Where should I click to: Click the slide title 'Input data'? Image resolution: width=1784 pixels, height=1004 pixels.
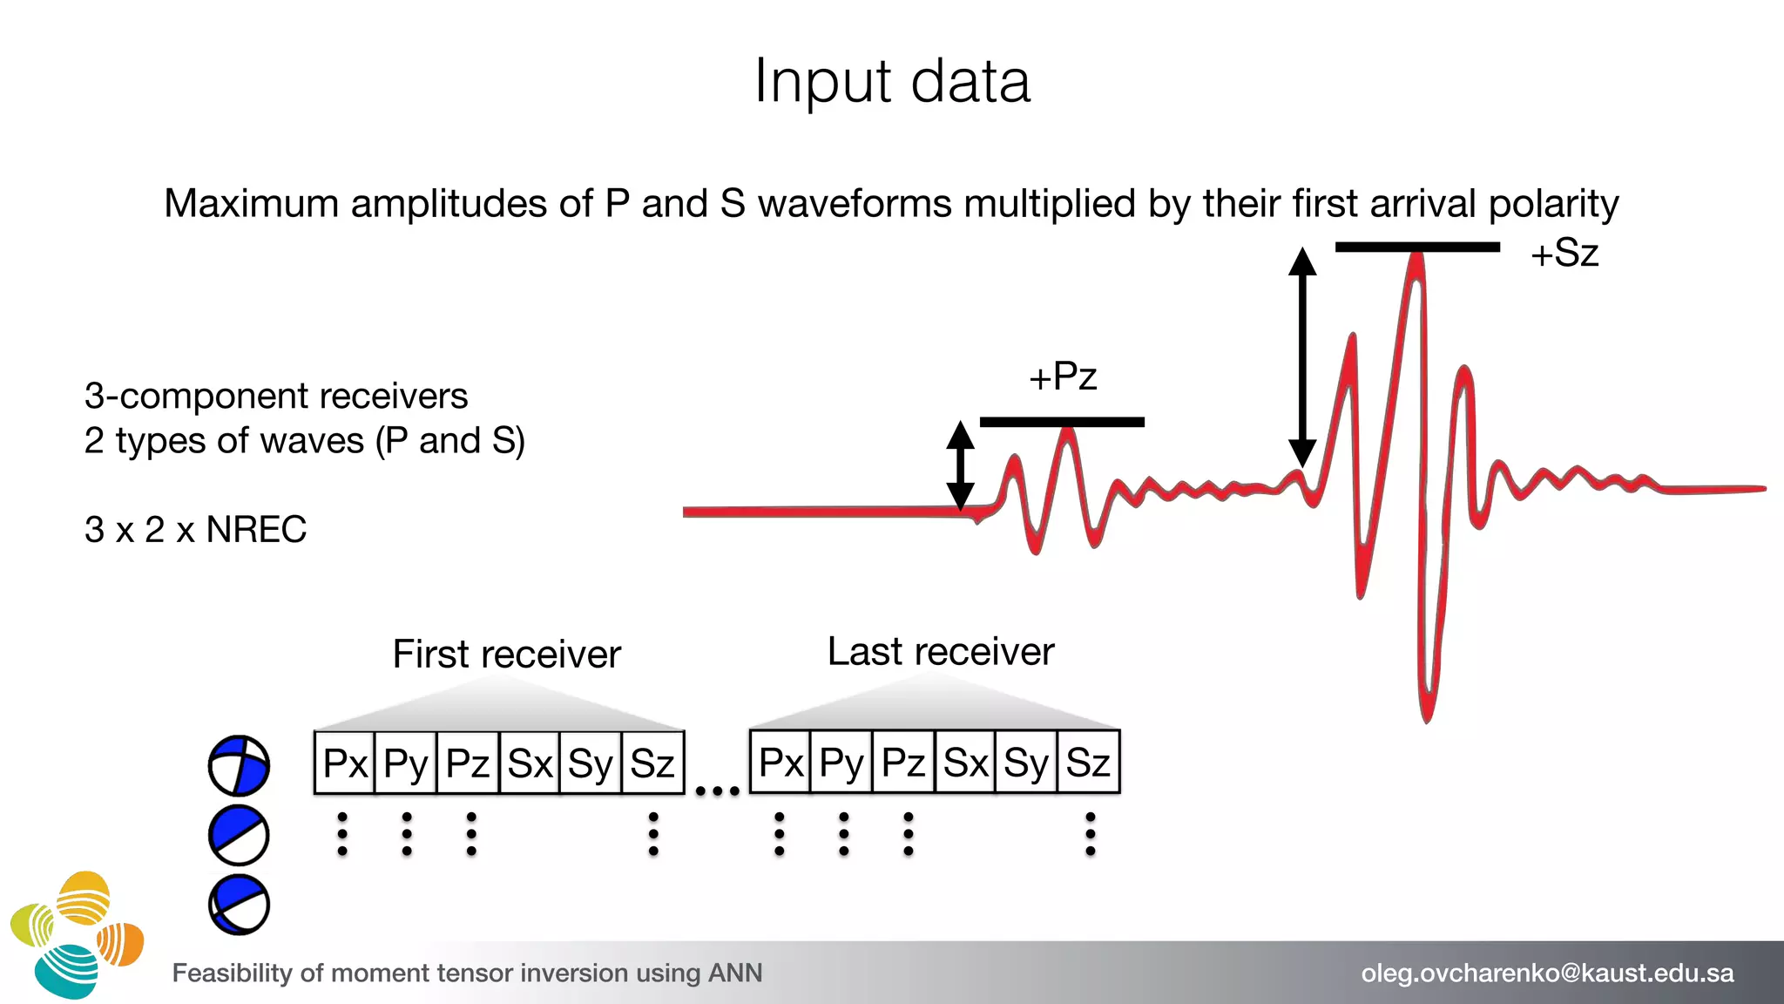pos(892,81)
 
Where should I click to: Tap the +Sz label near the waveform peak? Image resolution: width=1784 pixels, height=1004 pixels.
pos(1564,254)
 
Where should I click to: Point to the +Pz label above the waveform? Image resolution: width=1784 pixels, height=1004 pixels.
pos(1063,377)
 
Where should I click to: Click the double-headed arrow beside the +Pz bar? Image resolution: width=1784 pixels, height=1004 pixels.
pos(960,465)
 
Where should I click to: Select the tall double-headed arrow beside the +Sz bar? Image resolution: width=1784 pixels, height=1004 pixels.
pos(1302,356)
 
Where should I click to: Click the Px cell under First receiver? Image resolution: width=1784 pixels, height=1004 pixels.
pos(345,763)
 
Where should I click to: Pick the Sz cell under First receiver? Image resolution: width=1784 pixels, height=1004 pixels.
pos(652,763)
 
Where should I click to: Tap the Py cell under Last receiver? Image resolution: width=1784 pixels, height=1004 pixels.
pos(841,763)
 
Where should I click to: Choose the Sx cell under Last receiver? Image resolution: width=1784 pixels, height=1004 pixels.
pos(965,763)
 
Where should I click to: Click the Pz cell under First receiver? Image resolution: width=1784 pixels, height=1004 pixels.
pos(468,763)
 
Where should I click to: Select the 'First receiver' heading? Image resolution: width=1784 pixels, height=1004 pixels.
pos(507,655)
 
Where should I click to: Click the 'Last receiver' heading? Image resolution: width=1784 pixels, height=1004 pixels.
pos(941,652)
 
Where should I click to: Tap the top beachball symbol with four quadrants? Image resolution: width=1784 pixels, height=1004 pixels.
pos(239,766)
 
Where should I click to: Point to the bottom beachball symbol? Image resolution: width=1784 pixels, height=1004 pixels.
pos(239,905)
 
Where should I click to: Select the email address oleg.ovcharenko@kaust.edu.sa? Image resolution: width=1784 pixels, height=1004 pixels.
pos(1547,973)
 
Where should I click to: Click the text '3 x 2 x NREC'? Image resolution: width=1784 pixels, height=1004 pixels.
pos(196,530)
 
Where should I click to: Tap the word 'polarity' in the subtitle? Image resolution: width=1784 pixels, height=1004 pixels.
pos(1553,204)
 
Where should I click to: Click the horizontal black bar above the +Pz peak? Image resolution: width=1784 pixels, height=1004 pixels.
pos(1062,423)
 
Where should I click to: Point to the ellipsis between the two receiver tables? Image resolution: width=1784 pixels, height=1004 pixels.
pos(717,791)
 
